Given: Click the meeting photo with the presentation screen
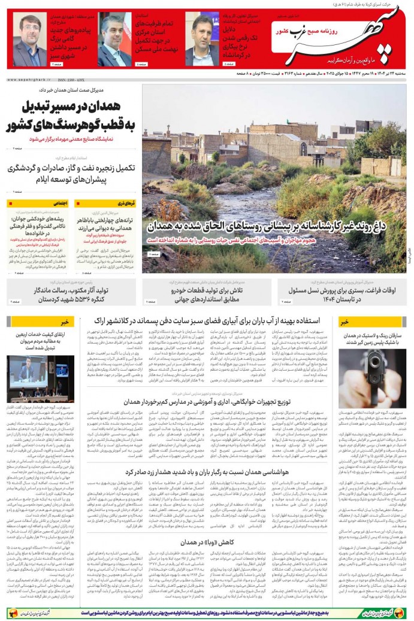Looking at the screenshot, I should click(x=41, y=378).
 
